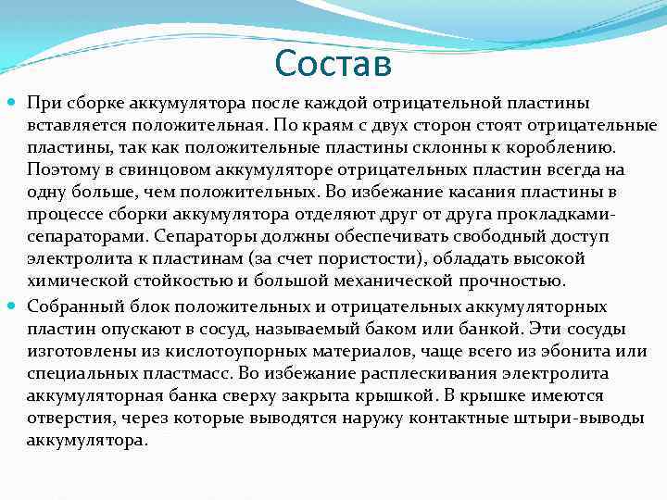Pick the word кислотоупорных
coord(208,352)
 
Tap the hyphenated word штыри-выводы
coord(585,419)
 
